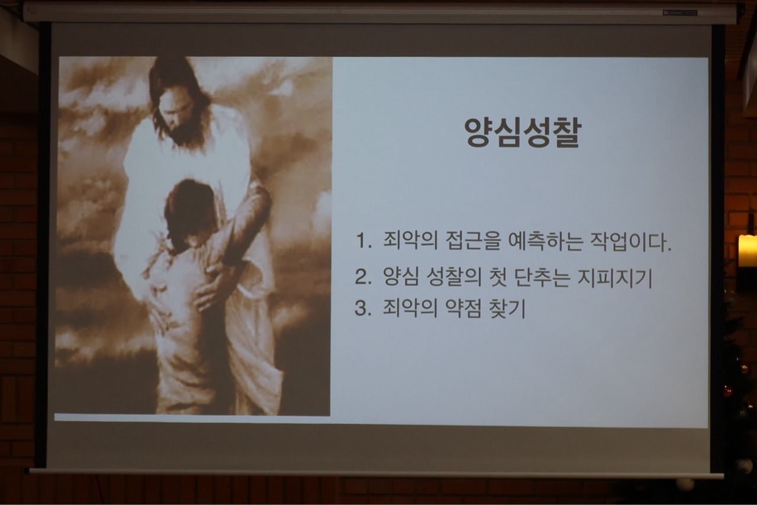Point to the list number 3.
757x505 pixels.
tap(363, 308)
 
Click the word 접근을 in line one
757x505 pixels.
tap(473, 242)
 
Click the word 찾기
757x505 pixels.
tap(507, 308)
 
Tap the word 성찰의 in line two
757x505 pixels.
tap(453, 277)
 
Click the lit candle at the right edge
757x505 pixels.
tap(748, 250)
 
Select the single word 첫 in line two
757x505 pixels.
tap(498, 277)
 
